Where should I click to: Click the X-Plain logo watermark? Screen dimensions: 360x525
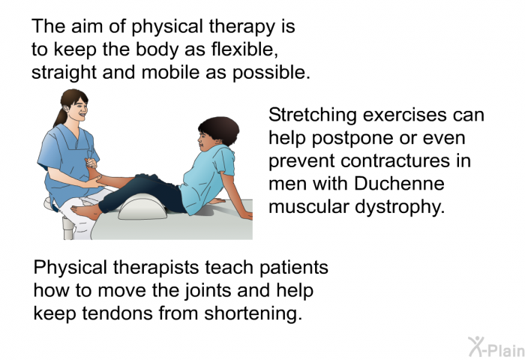(x=495, y=346)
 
